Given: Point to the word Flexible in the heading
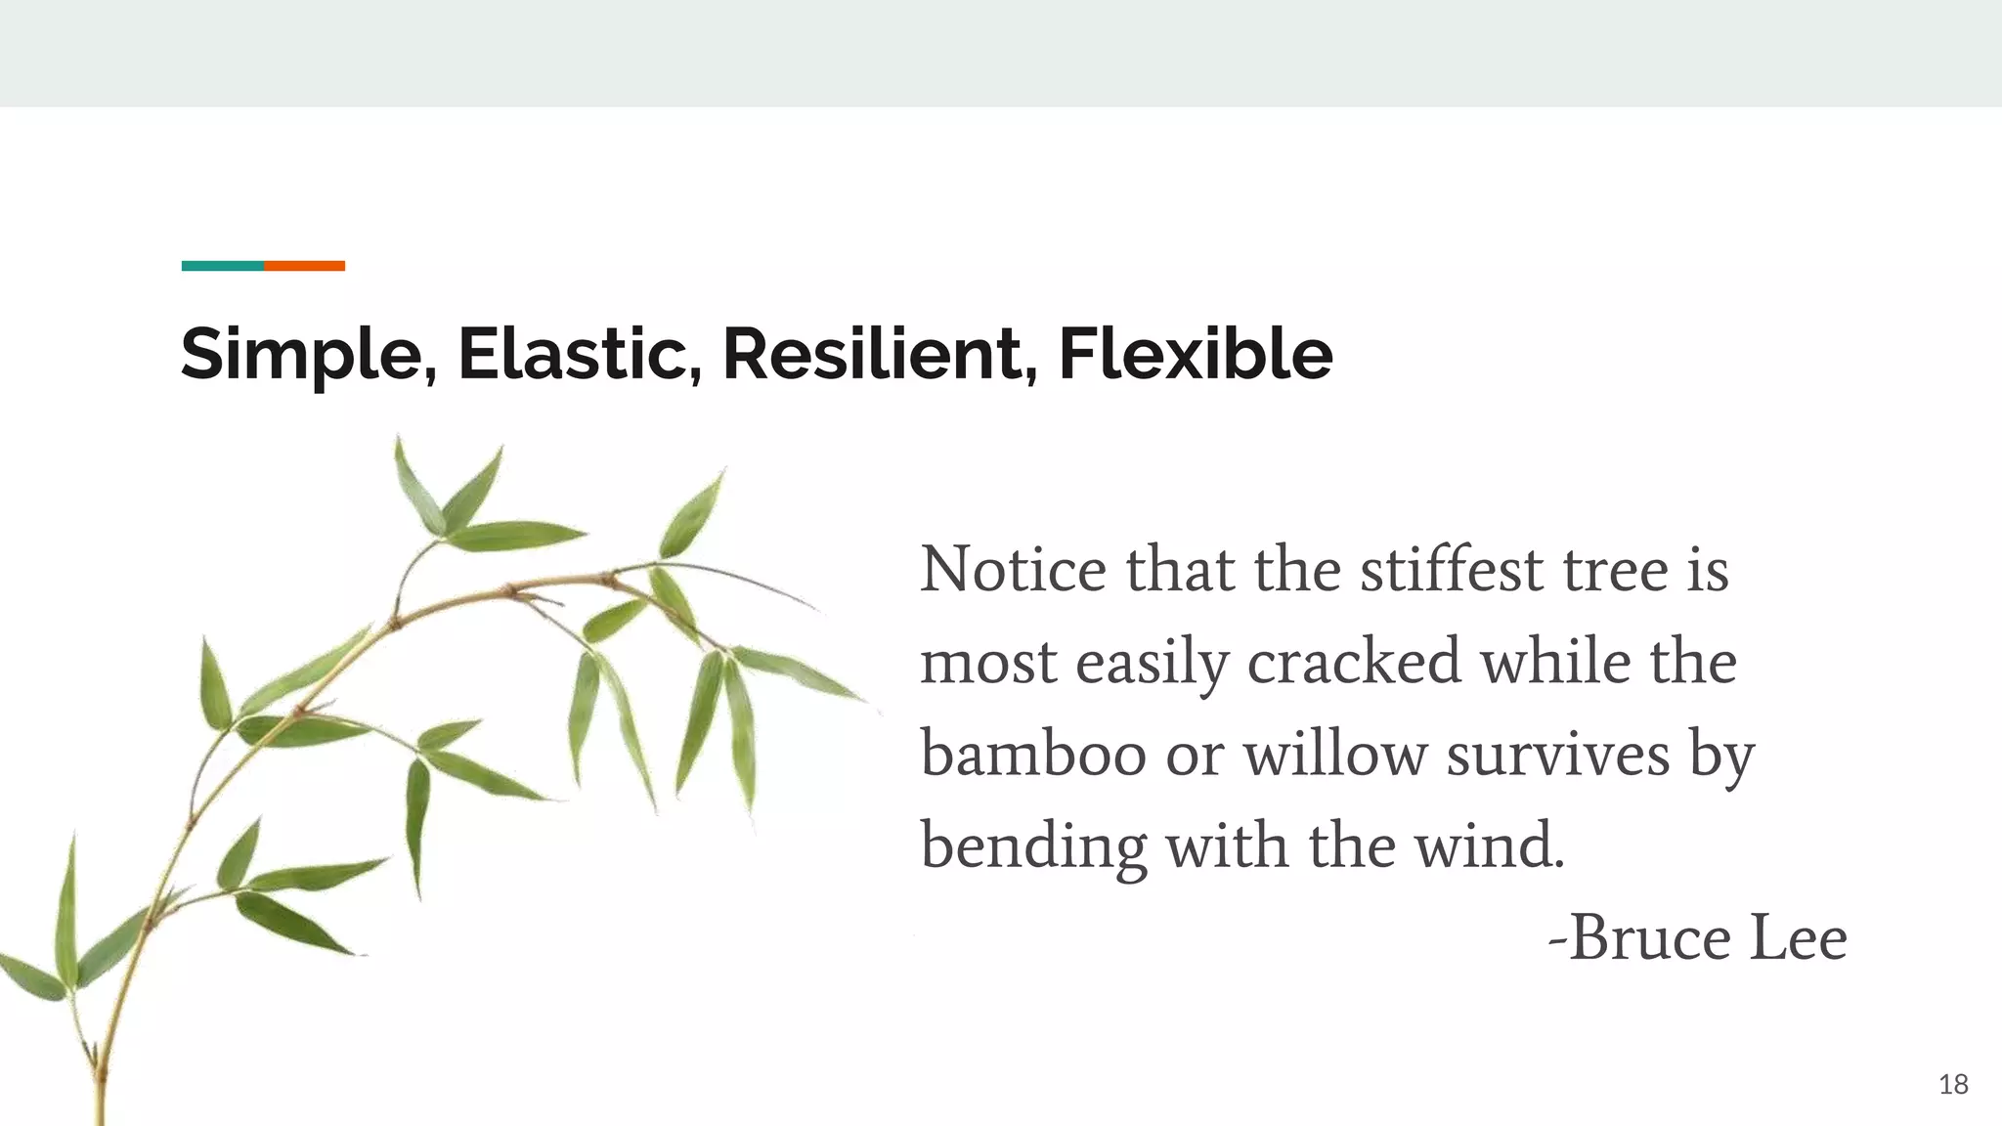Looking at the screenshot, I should (1195, 354).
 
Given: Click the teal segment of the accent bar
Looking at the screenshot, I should (222, 266).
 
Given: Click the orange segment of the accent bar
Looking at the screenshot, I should (304, 266).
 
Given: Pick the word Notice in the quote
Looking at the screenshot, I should (1013, 569).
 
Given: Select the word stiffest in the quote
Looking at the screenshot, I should (1452, 569).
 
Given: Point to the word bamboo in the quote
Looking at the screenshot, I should (1033, 755).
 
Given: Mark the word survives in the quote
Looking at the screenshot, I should (1558, 755).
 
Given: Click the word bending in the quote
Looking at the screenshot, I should (1033, 846).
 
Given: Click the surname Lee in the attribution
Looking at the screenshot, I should (1798, 938).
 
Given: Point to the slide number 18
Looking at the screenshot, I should (1953, 1084).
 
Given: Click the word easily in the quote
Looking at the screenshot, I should (1152, 662).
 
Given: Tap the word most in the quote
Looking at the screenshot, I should (988, 662).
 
